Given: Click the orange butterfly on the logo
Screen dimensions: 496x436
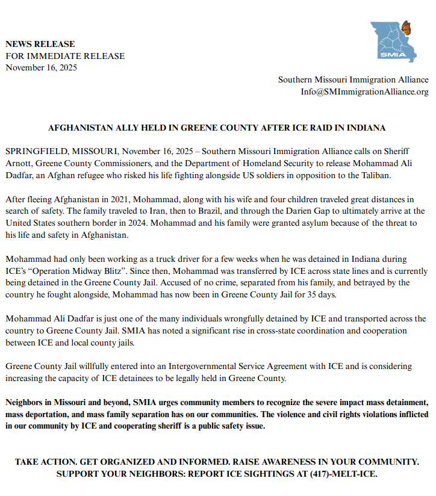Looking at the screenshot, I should [x=406, y=27].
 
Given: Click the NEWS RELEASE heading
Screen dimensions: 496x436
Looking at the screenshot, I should [x=40, y=44].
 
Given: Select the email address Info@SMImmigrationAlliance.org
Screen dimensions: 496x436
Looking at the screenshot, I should [x=364, y=91].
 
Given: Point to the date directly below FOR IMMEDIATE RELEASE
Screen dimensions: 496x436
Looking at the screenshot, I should [x=41, y=67].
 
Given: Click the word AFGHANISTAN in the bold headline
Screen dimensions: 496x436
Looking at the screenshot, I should [x=76, y=128].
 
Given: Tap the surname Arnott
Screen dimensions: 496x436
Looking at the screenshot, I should [x=20, y=162].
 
